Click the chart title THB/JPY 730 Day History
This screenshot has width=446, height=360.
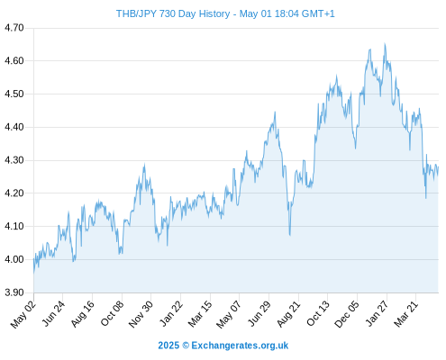coord(173,13)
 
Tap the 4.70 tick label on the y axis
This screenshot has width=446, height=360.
coord(14,28)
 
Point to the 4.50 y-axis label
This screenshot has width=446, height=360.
coord(14,94)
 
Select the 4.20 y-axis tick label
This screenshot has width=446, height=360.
coord(14,193)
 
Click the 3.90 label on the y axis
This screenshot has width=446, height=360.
coord(14,292)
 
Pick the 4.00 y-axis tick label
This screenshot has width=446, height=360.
coord(14,259)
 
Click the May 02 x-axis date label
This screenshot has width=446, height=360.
coord(23,314)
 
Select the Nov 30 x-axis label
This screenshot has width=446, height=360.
coord(141,314)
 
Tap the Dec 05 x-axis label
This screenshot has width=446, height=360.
coord(347,314)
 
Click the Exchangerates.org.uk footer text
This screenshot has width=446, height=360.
coord(240,346)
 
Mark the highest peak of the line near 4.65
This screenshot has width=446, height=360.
coord(385,44)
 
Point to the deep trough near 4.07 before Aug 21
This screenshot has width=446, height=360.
coord(290,235)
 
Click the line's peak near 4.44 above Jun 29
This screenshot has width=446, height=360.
coord(275,112)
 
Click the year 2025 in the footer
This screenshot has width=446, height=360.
coord(168,346)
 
